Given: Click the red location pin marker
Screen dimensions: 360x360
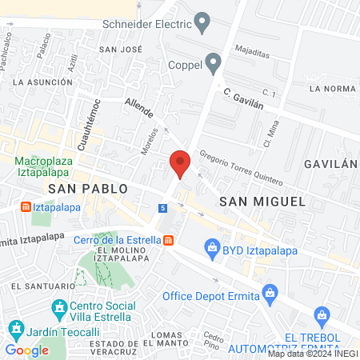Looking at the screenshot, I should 181,163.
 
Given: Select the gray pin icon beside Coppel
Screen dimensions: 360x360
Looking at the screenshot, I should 213,62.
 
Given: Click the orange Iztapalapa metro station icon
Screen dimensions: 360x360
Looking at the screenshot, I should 26,207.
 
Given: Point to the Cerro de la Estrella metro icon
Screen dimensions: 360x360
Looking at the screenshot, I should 168,240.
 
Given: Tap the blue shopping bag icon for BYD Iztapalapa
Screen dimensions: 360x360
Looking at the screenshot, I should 212,250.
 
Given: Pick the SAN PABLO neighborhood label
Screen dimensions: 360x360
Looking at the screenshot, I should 88,188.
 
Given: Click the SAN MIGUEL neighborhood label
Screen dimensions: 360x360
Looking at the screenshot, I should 263,202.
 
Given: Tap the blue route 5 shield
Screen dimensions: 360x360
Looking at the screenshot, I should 163,208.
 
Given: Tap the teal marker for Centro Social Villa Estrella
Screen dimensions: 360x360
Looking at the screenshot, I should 58,307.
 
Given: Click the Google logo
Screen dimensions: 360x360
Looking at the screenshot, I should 27,350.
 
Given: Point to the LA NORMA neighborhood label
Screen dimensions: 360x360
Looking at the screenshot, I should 331,88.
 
